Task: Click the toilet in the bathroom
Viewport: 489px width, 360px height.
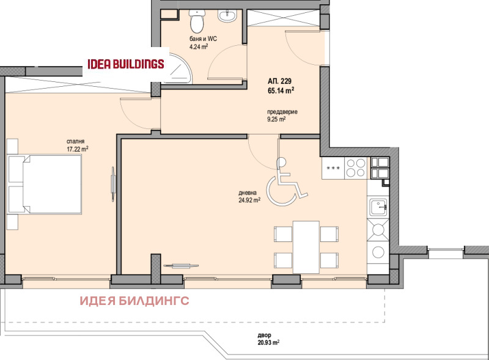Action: click(196, 21)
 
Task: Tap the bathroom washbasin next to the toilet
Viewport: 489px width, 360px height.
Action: click(227, 16)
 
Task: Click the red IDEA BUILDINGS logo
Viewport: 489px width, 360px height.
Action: click(126, 64)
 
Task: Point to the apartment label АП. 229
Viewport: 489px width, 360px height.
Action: click(279, 81)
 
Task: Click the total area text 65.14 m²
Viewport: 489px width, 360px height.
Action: click(281, 91)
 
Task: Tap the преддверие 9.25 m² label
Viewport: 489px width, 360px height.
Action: click(282, 115)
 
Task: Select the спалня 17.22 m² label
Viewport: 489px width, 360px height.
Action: click(78, 145)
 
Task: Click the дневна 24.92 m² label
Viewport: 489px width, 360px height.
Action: click(249, 197)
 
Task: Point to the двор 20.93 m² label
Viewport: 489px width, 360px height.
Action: click(268, 339)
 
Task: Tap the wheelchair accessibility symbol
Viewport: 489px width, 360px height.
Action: click(286, 182)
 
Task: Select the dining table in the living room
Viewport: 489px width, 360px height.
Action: click(306, 246)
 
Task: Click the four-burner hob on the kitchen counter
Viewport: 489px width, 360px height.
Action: click(356, 168)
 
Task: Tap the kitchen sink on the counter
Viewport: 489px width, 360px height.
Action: click(378, 207)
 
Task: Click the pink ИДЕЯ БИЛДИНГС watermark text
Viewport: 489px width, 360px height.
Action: click(134, 301)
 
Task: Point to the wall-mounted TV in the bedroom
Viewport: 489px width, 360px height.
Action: click(113, 184)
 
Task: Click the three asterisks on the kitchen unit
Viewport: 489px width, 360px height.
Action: click(333, 169)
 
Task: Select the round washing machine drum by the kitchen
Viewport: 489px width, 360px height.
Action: click(378, 252)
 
